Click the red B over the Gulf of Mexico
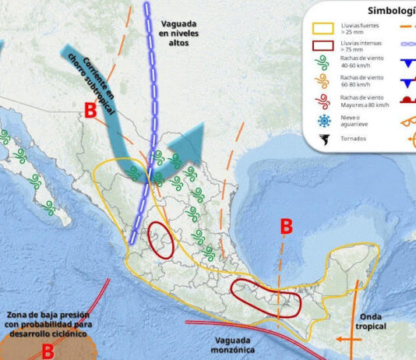tap(286, 227)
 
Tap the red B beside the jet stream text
tap(90, 111)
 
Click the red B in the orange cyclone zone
tap(48, 351)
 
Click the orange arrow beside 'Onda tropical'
tap(347, 340)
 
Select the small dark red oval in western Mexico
tap(160, 240)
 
